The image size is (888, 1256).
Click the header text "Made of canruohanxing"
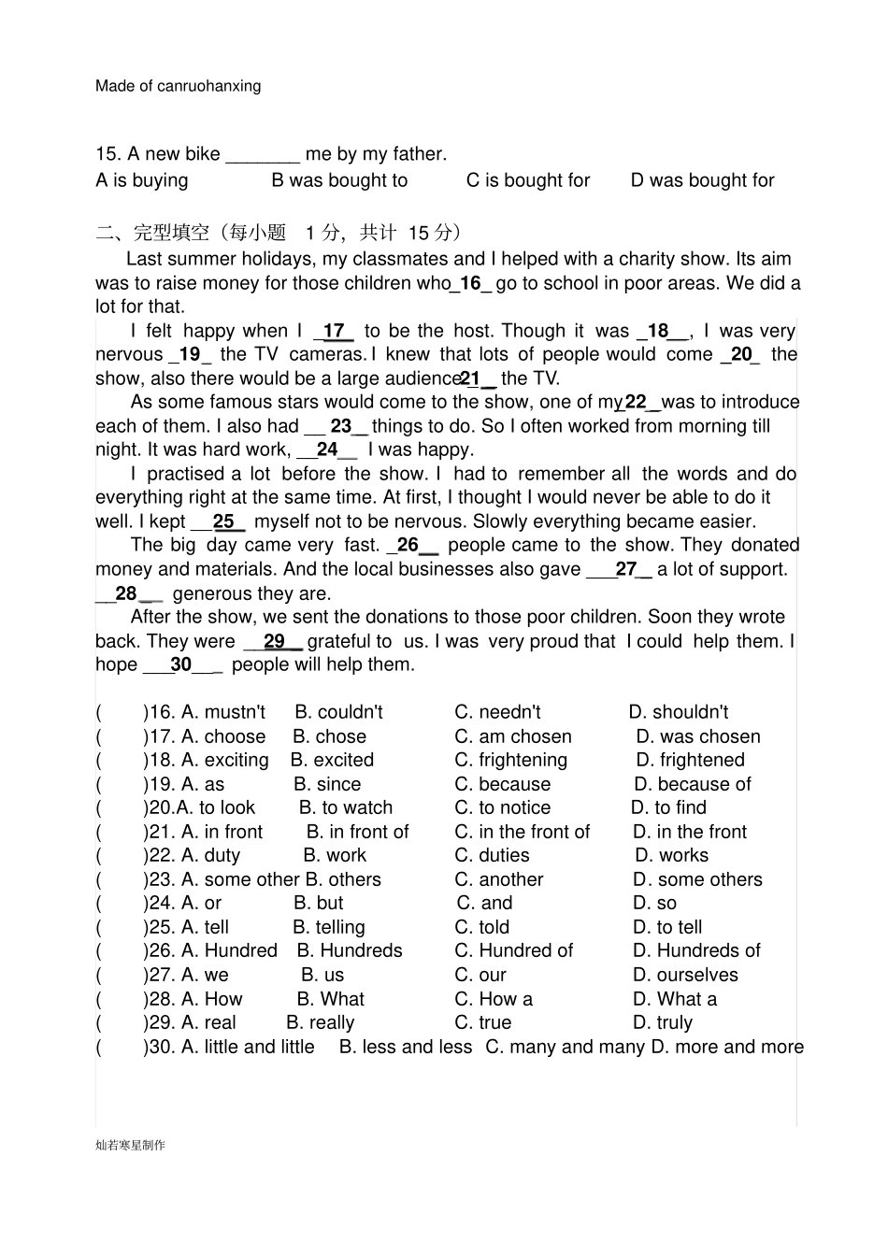point(178,86)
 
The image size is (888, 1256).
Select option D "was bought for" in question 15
point(702,180)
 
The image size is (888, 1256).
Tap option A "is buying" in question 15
point(142,180)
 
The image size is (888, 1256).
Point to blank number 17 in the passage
point(334,331)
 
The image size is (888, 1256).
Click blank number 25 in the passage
point(224,521)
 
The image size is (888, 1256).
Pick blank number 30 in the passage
point(181,664)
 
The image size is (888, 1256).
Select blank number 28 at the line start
point(126,593)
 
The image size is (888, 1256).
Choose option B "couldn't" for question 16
point(338,712)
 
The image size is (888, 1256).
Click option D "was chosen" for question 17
point(698,736)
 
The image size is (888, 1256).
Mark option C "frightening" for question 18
point(510,760)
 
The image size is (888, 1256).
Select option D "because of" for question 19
point(692,784)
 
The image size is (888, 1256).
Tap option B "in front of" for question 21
point(357,832)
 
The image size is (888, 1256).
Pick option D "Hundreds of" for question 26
point(696,950)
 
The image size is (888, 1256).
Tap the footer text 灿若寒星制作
point(130,1145)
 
